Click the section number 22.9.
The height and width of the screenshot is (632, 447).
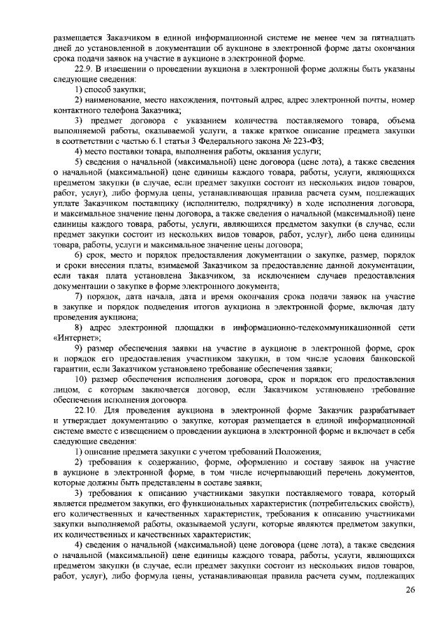tap(84, 69)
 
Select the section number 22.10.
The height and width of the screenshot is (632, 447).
tap(86, 409)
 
